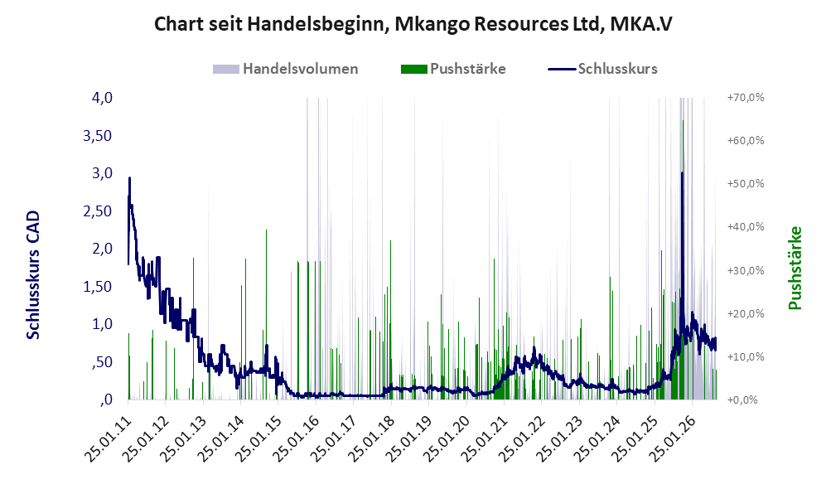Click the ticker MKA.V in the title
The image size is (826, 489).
click(641, 24)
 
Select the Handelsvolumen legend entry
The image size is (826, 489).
click(286, 69)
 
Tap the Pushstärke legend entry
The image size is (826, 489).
click(453, 69)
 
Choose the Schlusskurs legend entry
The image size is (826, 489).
click(602, 69)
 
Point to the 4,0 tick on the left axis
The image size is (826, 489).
click(102, 98)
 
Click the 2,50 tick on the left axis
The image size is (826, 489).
click(98, 211)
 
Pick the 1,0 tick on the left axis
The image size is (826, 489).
click(102, 324)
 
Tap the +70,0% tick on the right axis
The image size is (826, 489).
click(746, 98)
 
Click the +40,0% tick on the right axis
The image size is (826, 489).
click(746, 226)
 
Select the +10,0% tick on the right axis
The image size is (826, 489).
click(746, 356)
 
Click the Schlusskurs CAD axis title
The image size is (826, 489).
click(32, 274)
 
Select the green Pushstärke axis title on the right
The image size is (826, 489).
click(795, 268)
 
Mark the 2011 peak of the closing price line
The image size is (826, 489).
click(129, 178)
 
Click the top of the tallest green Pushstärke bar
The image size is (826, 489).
click(684, 121)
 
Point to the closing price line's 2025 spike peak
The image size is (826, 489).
click(682, 172)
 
